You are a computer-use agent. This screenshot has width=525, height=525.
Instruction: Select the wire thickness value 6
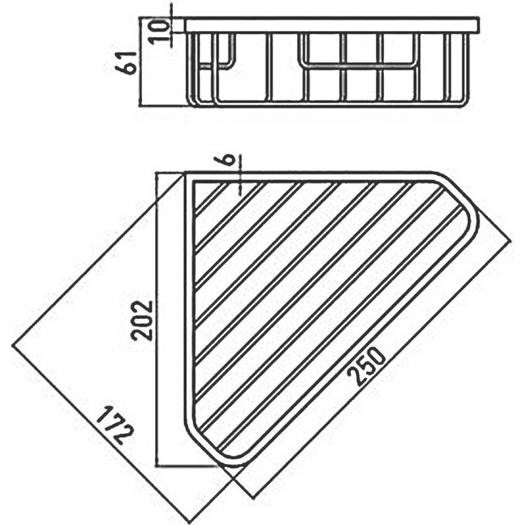click(229, 160)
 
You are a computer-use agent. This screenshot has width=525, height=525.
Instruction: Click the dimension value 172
click(115, 423)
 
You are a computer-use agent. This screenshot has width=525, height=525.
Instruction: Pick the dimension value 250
click(369, 366)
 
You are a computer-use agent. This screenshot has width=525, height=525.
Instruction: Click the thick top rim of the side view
click(332, 25)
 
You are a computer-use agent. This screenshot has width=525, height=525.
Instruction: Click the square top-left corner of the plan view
click(187, 177)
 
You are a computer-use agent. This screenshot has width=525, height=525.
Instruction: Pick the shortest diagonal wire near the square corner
click(205, 198)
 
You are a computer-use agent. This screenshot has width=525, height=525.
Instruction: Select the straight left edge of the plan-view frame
click(187, 309)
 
